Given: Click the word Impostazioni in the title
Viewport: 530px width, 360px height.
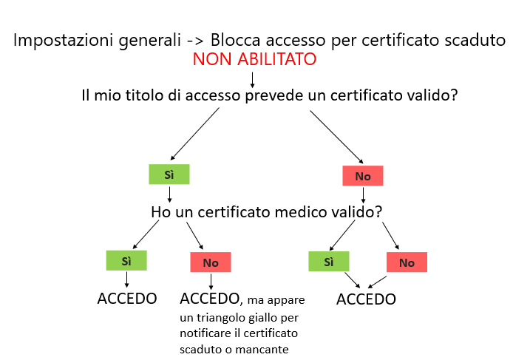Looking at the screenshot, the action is point(63,40).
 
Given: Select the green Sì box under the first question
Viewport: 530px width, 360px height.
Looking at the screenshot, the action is point(169,174).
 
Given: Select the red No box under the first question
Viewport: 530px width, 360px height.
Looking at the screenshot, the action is point(362,176).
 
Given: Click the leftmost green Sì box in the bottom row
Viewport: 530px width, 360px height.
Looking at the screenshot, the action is point(126,261).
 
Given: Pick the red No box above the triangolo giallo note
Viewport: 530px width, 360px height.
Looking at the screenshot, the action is point(211,262).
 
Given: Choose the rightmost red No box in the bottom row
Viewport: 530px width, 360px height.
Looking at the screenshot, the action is point(407,262).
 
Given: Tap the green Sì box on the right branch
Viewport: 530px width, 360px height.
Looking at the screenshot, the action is point(329,262).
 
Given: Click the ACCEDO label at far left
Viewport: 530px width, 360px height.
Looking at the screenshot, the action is point(127,299).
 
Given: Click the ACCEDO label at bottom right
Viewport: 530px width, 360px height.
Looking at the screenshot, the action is point(366,299).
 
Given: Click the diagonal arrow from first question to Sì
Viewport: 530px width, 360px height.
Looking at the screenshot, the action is point(195,134).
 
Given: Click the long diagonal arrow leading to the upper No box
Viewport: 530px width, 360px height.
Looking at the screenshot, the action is point(336,136).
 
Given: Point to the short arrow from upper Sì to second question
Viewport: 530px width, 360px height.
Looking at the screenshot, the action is point(170,194).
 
